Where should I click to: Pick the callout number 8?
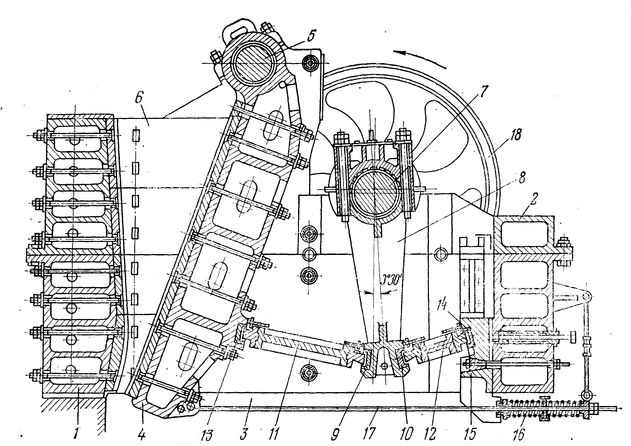click(x=521, y=177)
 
